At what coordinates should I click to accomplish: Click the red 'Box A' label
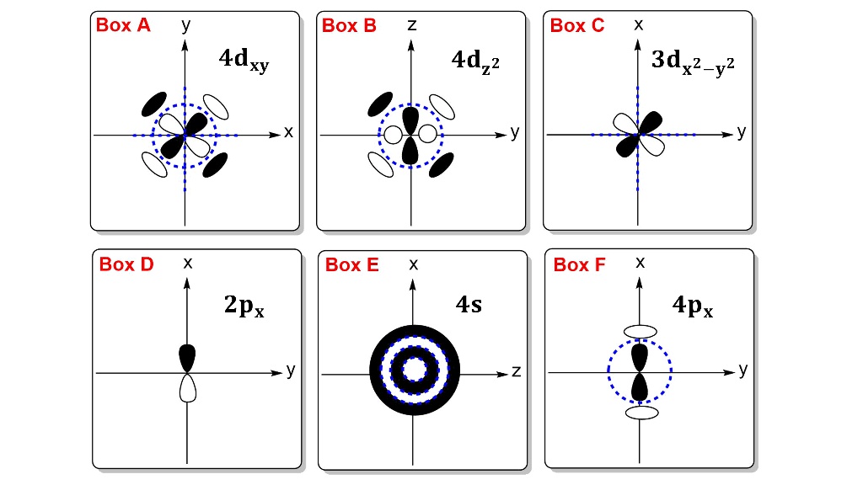(x=123, y=25)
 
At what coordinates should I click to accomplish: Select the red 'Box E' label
(x=352, y=265)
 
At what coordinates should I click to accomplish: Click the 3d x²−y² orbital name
(x=694, y=63)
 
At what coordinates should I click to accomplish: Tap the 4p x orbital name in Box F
(x=694, y=305)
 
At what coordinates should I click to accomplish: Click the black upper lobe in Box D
(x=188, y=357)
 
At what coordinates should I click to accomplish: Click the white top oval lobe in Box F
(x=640, y=332)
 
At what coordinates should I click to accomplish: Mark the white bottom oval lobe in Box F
(x=641, y=413)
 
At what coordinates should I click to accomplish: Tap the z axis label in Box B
(x=411, y=25)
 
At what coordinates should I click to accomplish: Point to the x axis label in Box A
(x=288, y=132)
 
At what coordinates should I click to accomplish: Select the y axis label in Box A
(x=185, y=24)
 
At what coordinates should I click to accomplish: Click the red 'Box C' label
(x=577, y=25)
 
